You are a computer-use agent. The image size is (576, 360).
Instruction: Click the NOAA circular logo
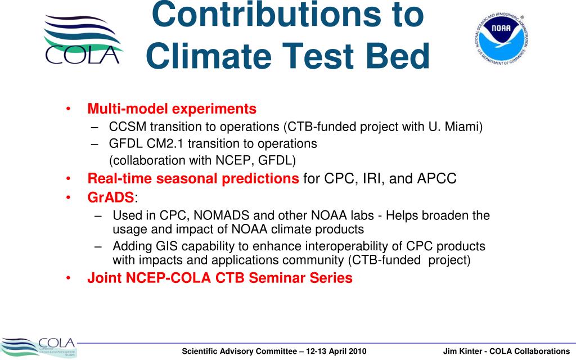501,39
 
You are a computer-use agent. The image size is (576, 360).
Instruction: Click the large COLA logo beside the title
83,39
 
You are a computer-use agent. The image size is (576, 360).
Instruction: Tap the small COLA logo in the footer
38,348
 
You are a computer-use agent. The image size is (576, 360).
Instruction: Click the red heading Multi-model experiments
172,109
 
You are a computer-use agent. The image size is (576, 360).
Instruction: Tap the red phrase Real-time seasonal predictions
193,178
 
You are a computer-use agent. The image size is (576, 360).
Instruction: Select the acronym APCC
436,178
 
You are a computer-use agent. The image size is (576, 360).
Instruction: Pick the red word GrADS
111,197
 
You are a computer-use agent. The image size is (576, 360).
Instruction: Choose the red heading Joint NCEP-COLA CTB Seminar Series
220,278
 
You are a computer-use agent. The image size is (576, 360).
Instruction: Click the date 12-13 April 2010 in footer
336,351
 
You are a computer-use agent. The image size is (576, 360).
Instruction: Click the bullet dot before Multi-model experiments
68,109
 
